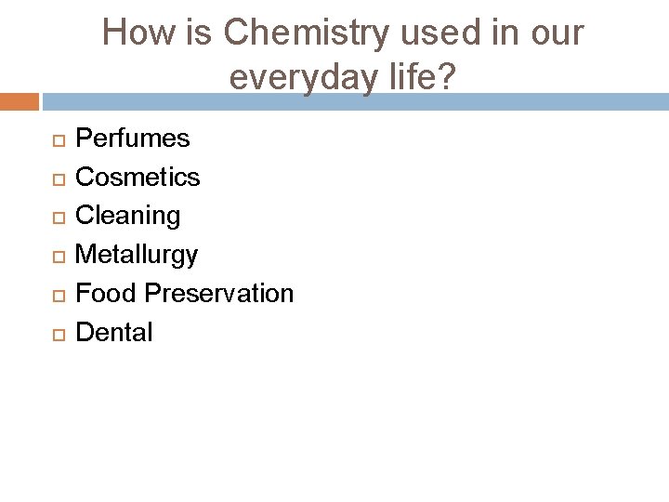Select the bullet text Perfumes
pos(132,139)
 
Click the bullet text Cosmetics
pos(138,177)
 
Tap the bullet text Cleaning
pos(128,216)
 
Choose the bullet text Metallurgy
pos(137,255)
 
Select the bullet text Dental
pos(113,333)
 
